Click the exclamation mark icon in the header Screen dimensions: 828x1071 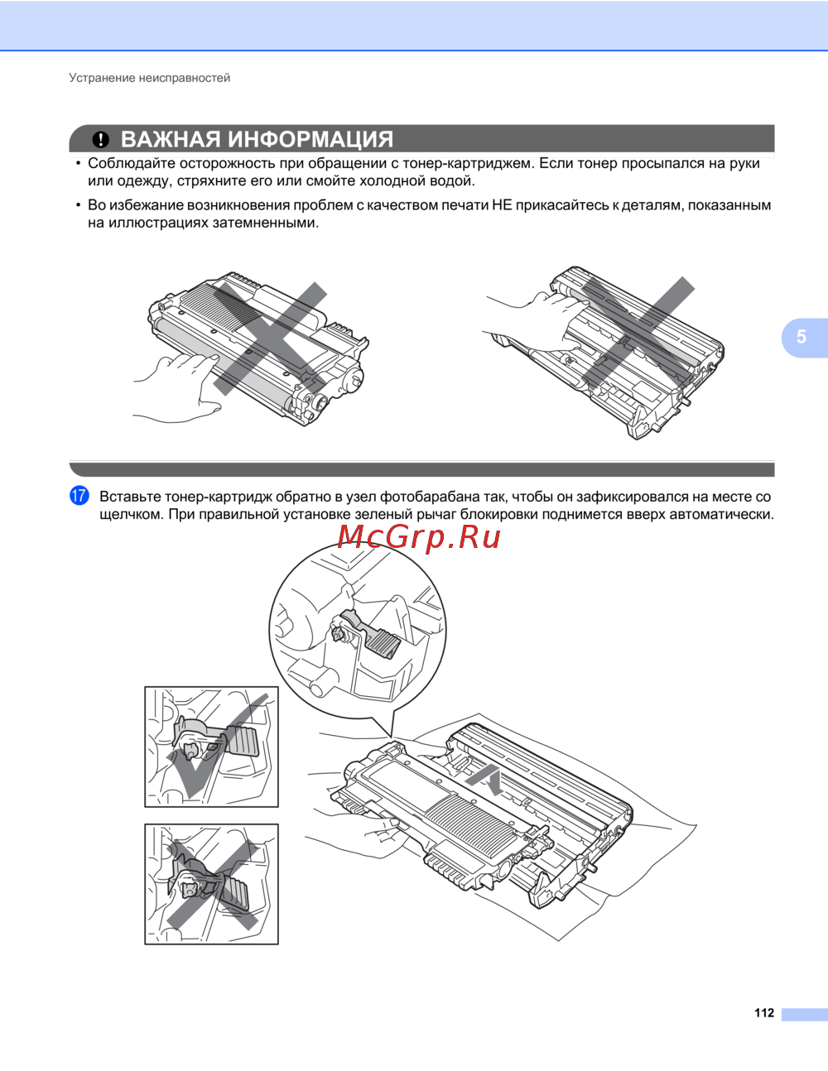(100, 140)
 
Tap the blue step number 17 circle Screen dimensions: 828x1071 (79, 496)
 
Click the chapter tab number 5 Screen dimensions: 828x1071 (802, 337)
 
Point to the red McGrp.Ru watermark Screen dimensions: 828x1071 (419, 538)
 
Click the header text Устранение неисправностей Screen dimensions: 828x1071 (149, 78)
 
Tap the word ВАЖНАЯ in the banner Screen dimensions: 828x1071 (171, 139)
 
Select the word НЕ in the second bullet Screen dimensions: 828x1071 (503, 205)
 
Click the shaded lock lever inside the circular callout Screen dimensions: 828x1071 (382, 642)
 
